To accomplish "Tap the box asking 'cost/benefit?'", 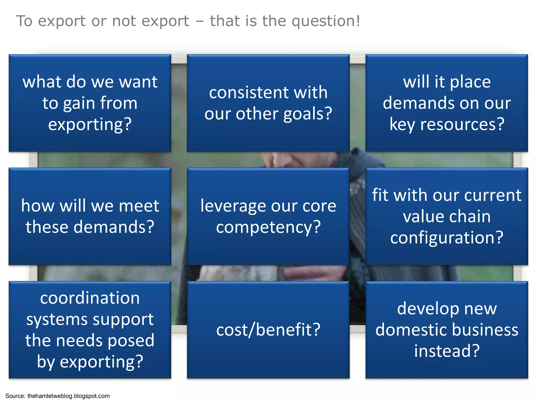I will pos(268,330).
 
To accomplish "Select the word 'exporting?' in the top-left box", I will pos(90,125).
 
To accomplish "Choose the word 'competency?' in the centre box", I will pos(268,227).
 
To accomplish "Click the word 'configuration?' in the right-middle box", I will pos(447,238).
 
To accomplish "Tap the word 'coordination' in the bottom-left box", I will pos(90,298).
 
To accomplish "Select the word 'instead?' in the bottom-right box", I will pos(447,351).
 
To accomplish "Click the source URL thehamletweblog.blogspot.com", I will pos(68,396).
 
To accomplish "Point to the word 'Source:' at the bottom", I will pos(15,396).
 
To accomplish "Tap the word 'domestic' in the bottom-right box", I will pos(402,330).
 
